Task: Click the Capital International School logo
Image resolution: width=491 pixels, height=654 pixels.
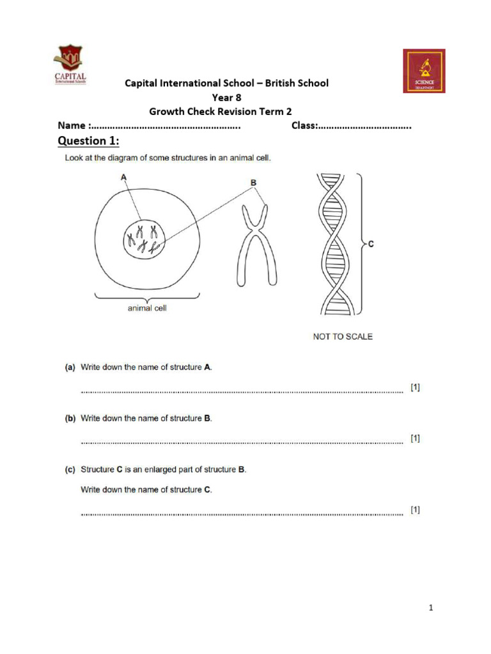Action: tap(70, 65)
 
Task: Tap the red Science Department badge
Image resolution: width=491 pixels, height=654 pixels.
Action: tap(424, 71)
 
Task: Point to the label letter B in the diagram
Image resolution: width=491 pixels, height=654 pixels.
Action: tap(254, 183)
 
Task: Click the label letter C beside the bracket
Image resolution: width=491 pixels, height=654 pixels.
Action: tap(371, 243)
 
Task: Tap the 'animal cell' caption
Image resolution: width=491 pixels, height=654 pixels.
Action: tap(147, 308)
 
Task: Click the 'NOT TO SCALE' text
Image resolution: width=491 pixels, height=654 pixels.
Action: tap(343, 337)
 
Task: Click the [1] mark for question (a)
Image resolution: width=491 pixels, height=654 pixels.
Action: tap(415, 388)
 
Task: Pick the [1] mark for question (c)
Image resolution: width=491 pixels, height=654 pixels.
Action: tap(415, 510)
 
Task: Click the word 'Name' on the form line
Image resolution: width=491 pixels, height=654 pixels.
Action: tap(72, 126)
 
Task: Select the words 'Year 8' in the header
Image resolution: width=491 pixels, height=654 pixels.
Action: tap(226, 97)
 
